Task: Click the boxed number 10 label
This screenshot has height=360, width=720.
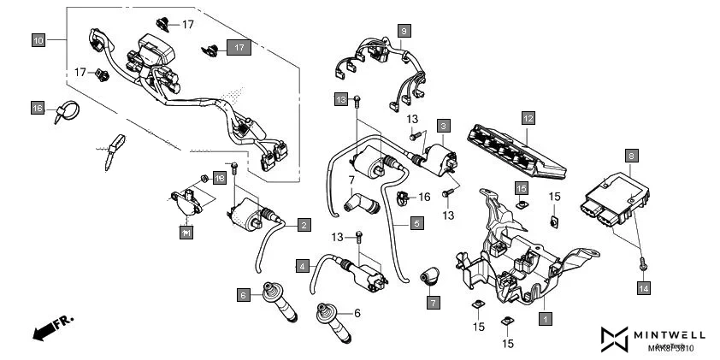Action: [x=38, y=40]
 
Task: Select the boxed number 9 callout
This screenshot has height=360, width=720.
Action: [x=404, y=30]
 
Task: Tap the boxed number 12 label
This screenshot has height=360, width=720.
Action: [x=528, y=117]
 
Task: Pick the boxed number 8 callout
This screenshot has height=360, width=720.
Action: [x=632, y=156]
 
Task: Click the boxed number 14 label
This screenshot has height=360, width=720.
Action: [x=643, y=290]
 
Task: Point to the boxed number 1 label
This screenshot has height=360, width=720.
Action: [x=544, y=319]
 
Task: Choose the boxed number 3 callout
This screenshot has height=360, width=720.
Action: [x=443, y=125]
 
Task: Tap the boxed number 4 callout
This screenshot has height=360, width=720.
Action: [x=303, y=266]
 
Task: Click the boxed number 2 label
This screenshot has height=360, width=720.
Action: [x=304, y=225]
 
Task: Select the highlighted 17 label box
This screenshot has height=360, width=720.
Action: [x=239, y=48]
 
